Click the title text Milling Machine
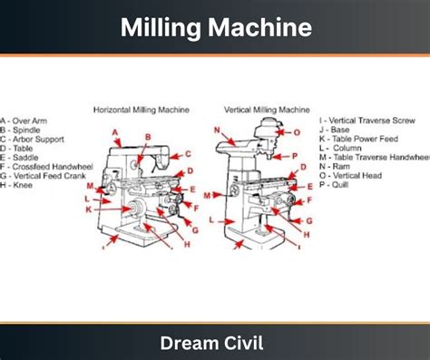point(215,27)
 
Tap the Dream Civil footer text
point(215,343)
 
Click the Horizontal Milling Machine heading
point(142,110)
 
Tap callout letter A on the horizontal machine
point(115,132)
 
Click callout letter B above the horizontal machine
point(147,137)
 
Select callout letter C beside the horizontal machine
point(189,154)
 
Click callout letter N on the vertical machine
point(217,130)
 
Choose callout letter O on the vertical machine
point(297,132)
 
